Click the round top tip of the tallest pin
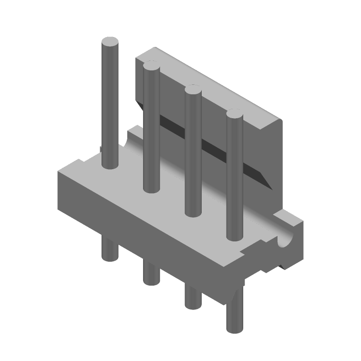pyautogui.click(x=110, y=43)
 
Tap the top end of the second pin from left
pyautogui.click(x=151, y=68)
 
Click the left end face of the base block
pyautogui.click(x=68, y=194)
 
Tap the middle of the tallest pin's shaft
pyautogui.click(x=110, y=104)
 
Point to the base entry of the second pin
pyautogui.click(x=151, y=188)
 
